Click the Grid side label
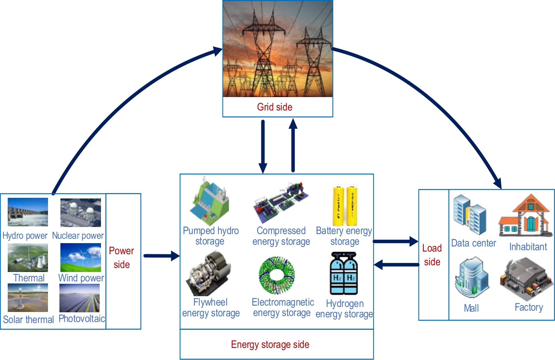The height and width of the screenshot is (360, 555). pos(274,107)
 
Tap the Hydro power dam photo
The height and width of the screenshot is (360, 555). pos(28,212)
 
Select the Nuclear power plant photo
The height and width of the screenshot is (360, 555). pos(81,213)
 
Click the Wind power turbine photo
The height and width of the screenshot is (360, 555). pos(81,258)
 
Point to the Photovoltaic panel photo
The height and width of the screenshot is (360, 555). pos(80,298)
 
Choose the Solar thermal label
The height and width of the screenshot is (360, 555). pos(29,319)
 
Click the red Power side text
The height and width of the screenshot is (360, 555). pos(121,258)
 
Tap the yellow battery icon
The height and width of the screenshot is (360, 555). pos(345,206)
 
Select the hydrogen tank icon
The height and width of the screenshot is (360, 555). pos(344,274)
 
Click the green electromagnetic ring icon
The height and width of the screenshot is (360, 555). pos(277,275)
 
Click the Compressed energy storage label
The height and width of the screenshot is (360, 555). pos(281,236)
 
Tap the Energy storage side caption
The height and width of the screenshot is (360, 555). pos(270,345)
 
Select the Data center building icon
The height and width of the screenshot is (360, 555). pos(470,215)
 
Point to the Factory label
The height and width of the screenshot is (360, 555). pos(529,307)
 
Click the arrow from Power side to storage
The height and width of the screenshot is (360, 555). pos(161,256)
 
